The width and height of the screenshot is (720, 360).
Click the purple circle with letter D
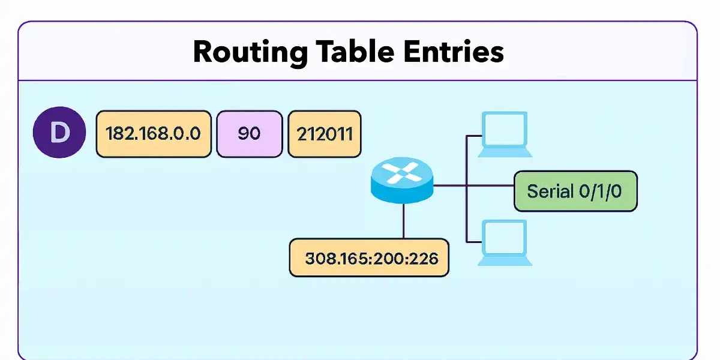click(59, 133)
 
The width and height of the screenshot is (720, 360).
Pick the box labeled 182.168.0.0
click(154, 134)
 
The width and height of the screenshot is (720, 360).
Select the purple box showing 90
click(249, 134)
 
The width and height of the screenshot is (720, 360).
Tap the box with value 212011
click(325, 134)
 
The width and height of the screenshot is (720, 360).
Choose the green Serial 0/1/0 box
click(575, 191)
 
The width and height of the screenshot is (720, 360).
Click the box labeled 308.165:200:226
click(368, 258)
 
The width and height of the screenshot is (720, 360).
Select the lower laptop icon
click(505, 242)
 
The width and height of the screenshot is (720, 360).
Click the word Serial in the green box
click(548, 191)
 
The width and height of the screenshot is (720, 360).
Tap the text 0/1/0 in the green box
click(599, 191)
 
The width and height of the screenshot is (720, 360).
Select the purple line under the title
click(358, 80)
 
